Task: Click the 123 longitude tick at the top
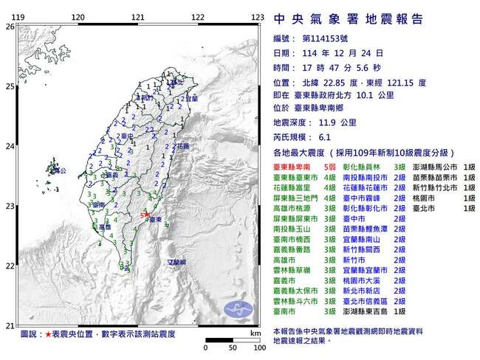[257, 16]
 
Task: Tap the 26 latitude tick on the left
[10, 26]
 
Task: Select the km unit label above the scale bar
[256, 334]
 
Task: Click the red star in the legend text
[49, 334]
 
